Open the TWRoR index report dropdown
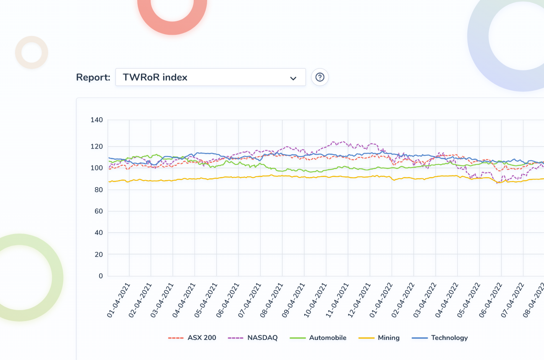pyautogui.click(x=210, y=77)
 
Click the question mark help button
pyautogui.click(x=320, y=77)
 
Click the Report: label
pyautogui.click(x=93, y=77)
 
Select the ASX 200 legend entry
pyautogui.click(x=192, y=338)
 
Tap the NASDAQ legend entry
pyautogui.click(x=253, y=338)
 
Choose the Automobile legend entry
pyautogui.click(x=318, y=338)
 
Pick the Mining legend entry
pyautogui.click(x=379, y=338)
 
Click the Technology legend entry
pyautogui.click(x=440, y=338)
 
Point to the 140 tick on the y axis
pyautogui.click(x=97, y=120)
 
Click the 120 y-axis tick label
pyautogui.click(x=97, y=147)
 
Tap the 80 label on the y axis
pyautogui.click(x=99, y=190)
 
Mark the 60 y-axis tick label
pyautogui.click(x=99, y=211)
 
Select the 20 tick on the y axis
pyautogui.click(x=99, y=255)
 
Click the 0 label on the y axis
pyautogui.click(x=101, y=276)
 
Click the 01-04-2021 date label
pyautogui.click(x=118, y=300)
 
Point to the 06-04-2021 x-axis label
pyautogui.click(x=228, y=300)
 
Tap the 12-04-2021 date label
pyautogui.click(x=359, y=300)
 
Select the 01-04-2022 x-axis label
pyautogui.click(x=381, y=300)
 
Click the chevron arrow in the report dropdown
pyautogui.click(x=293, y=78)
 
